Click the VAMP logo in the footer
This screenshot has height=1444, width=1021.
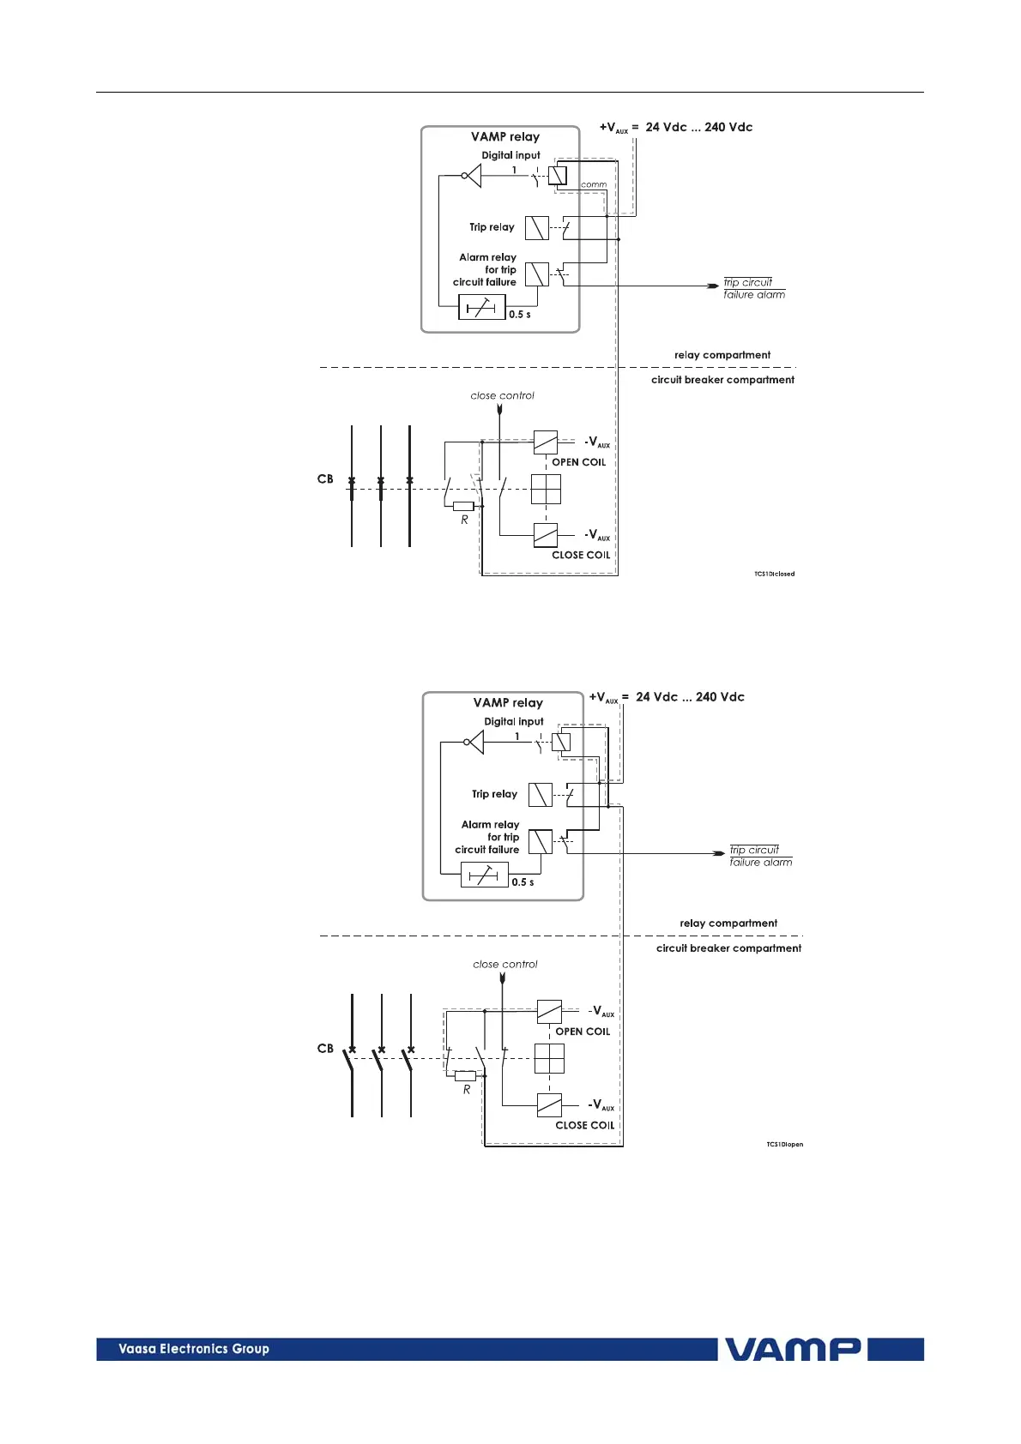pos(794,1350)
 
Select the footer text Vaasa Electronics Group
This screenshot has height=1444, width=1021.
pos(194,1349)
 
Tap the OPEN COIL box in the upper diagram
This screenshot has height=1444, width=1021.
pos(546,442)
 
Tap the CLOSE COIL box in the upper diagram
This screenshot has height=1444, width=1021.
pos(546,535)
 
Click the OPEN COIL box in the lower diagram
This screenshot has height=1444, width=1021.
pos(549,1012)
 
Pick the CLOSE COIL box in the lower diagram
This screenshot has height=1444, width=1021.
pos(549,1105)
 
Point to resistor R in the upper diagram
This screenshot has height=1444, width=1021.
pos(463,507)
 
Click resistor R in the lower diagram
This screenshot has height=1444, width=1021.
pos(465,1076)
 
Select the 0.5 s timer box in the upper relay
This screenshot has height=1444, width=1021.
pos(481,308)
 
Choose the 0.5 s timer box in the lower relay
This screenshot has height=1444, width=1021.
pos(484,875)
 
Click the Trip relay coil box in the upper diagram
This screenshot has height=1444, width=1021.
pos(537,228)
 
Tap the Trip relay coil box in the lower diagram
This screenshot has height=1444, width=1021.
pos(541,795)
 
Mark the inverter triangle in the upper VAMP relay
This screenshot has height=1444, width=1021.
pos(472,176)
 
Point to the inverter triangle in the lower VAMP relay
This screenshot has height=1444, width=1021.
pos(474,743)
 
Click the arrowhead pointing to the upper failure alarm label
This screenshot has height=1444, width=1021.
pos(712,286)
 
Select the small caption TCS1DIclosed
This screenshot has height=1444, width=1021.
pos(774,574)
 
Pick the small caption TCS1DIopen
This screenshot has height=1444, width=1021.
pos(784,1144)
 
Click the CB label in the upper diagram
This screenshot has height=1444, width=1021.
pos(325,478)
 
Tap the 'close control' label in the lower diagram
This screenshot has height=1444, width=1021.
pos(504,964)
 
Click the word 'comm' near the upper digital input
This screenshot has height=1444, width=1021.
pos(593,184)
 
